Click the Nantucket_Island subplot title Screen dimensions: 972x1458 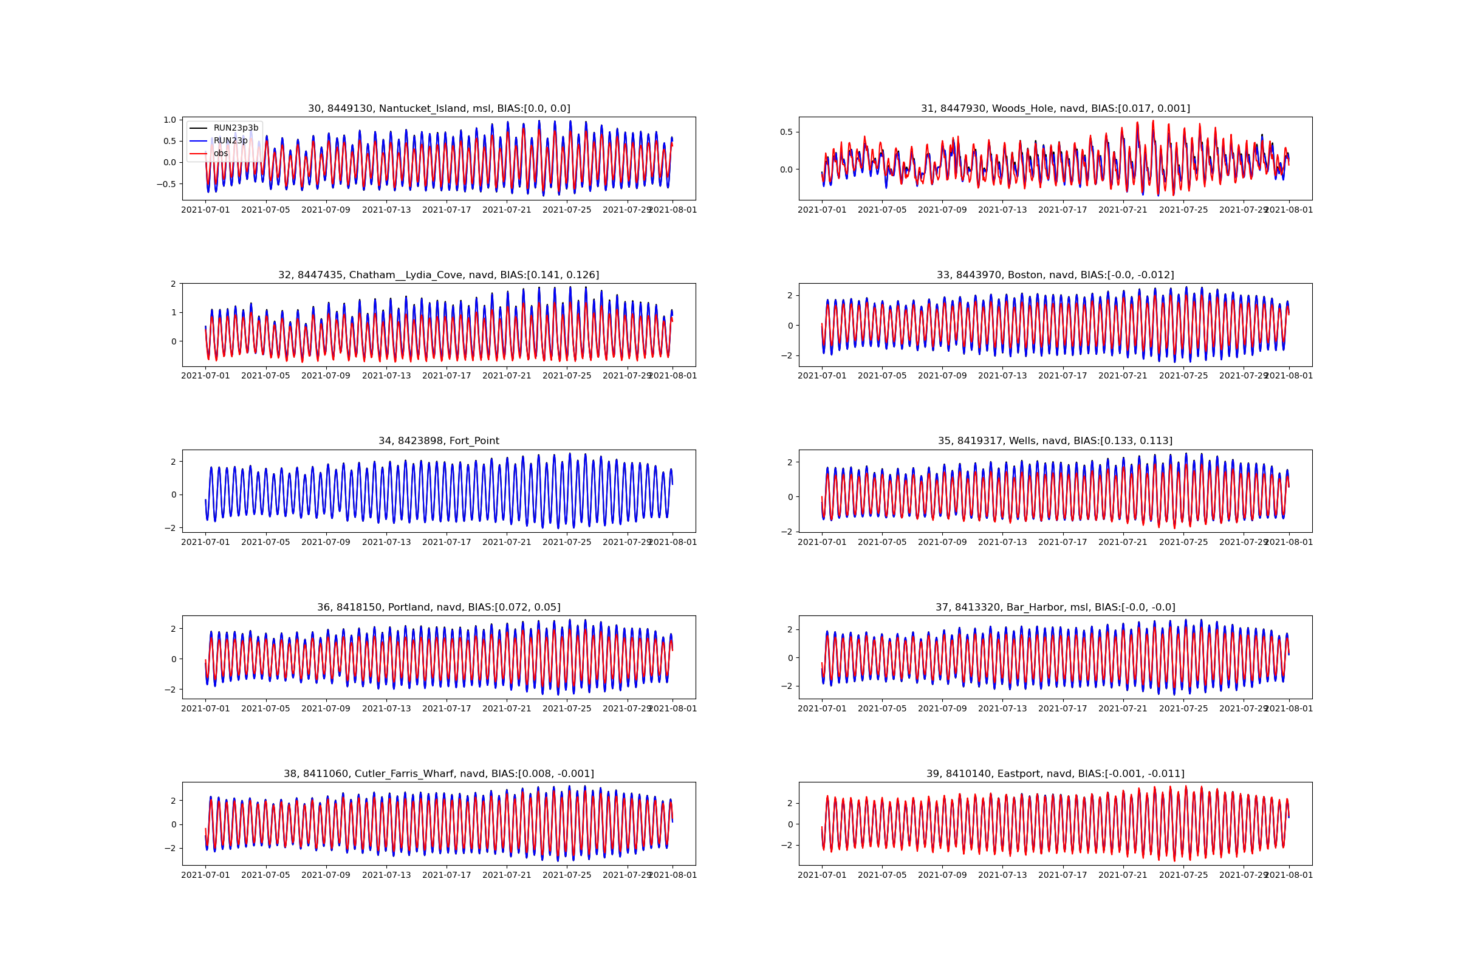[x=439, y=109]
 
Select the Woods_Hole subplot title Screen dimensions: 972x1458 [x=1055, y=109]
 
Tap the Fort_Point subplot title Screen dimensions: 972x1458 [x=439, y=441]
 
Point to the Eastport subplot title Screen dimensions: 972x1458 [x=1055, y=773]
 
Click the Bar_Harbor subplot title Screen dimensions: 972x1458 [x=1055, y=607]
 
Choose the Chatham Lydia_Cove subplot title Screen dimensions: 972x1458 [x=439, y=275]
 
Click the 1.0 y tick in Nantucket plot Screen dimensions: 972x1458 [x=170, y=120]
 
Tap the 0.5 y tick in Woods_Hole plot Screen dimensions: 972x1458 [x=786, y=132]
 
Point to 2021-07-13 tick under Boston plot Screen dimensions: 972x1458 [x=1002, y=375]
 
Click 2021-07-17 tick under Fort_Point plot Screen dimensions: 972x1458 [x=447, y=542]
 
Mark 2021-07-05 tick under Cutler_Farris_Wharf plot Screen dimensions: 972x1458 [x=265, y=875]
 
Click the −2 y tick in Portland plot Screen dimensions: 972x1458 [x=170, y=690]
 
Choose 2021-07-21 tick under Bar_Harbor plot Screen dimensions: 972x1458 [x=1123, y=708]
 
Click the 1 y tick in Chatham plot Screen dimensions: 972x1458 [x=174, y=312]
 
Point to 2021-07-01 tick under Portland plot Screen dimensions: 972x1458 [x=205, y=708]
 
